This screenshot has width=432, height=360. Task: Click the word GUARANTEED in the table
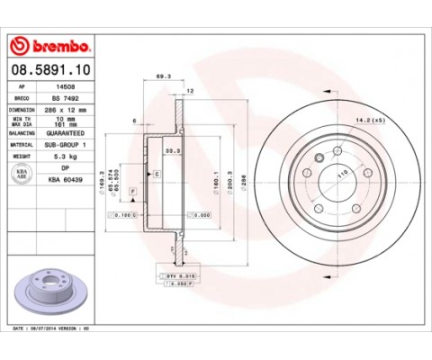[65, 132]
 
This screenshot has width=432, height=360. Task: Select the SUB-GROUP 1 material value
[65, 143]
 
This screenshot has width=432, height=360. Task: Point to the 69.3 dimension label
[163, 77]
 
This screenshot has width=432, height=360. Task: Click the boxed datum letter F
[132, 193]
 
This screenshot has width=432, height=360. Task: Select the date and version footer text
[51, 331]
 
